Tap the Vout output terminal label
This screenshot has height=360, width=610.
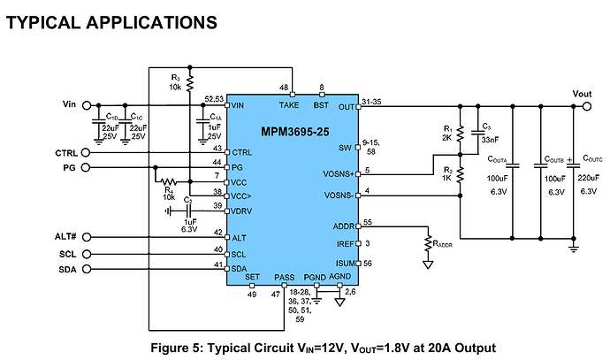[x=582, y=94]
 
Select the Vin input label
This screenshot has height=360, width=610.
[x=71, y=104]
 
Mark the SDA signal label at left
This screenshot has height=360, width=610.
[x=68, y=269]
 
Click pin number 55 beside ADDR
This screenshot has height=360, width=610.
[x=367, y=222]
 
